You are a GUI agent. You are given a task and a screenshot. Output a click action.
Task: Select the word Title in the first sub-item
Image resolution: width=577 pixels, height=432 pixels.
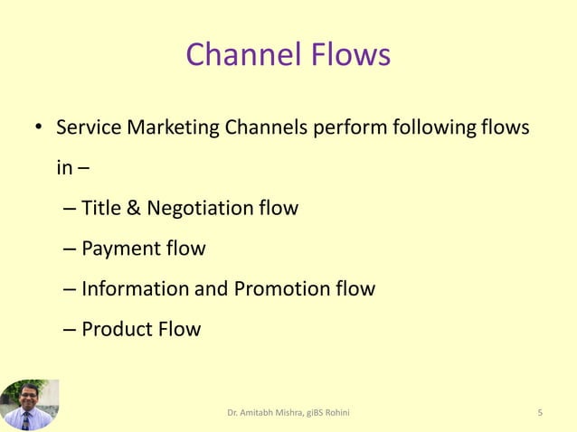99,208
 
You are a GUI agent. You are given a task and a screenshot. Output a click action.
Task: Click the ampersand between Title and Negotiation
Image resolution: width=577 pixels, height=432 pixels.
132,209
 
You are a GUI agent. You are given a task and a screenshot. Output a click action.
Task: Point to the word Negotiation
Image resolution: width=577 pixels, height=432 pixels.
199,209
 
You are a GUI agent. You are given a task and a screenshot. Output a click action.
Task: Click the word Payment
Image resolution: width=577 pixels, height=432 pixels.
118,249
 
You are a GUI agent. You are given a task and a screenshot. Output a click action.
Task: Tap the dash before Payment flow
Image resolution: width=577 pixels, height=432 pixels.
71,249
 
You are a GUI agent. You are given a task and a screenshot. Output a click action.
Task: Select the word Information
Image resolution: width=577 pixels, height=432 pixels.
135,289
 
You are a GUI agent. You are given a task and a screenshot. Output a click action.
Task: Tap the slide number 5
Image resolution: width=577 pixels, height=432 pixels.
540,413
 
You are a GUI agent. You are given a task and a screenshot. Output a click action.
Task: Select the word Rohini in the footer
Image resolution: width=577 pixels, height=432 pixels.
338,413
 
